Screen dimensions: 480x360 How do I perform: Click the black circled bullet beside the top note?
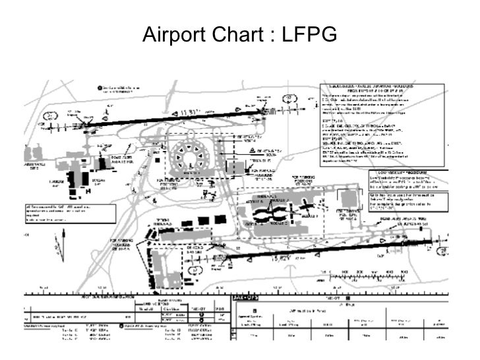[99, 87]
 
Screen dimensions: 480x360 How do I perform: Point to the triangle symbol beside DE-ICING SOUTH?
[253, 151]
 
